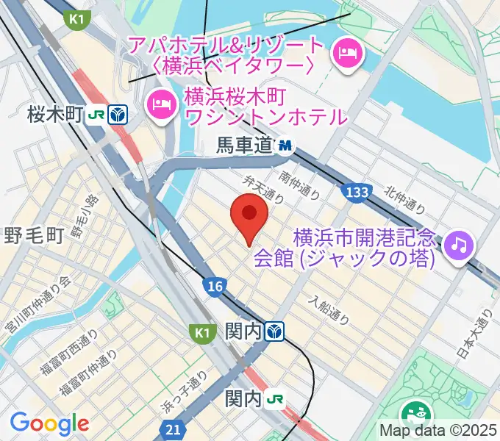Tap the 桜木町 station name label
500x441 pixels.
pos(54,115)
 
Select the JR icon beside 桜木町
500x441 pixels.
pos(96,115)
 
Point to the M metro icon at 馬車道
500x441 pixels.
pos(285,146)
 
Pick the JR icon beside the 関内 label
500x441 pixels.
pos(276,399)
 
